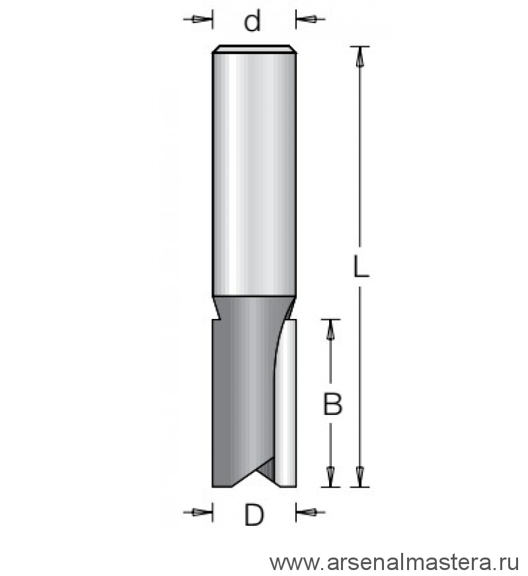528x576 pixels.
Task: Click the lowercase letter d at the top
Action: pos(252,20)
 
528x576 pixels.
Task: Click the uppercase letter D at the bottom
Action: pos(254,515)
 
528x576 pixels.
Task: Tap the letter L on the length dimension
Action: pos(360,266)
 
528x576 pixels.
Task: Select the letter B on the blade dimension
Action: pos(332,404)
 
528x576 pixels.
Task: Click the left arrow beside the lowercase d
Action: pos(198,19)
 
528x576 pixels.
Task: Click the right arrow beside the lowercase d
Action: pos(311,19)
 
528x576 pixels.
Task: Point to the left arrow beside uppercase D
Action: pos(198,512)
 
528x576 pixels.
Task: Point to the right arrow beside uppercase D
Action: pos(311,512)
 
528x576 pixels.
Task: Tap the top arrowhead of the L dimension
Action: pos(360,57)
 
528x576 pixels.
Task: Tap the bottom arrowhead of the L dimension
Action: pos(360,477)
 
